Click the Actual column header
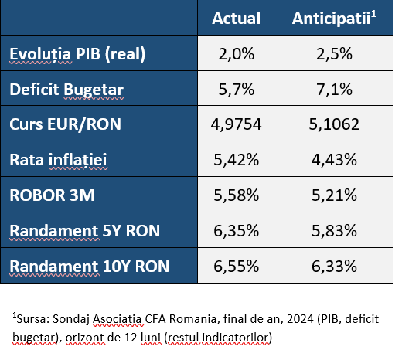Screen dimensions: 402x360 pos(236,19)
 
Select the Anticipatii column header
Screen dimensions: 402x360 pos(334,18)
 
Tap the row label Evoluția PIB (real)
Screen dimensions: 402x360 pos(77,54)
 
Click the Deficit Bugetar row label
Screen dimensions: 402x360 pos(66,90)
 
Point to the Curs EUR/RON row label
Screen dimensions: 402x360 pos(65,124)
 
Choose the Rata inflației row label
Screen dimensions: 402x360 pos(58,160)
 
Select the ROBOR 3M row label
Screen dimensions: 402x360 pos(52,195)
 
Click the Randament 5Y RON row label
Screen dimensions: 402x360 pos(84,231)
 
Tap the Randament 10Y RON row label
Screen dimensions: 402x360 pos(89,267)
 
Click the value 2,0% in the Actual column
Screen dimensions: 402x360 pos(236,54)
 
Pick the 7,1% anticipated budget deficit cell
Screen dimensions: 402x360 pos(334,90)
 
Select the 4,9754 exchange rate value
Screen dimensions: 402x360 pos(236,124)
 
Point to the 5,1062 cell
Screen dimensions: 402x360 pos(334,124)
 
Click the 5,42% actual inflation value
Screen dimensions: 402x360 pos(236,160)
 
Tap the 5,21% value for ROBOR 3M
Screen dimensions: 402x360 pos(334,195)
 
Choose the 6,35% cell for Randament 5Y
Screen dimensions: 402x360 pos(236,231)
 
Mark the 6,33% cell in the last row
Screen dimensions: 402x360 pos(334,267)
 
